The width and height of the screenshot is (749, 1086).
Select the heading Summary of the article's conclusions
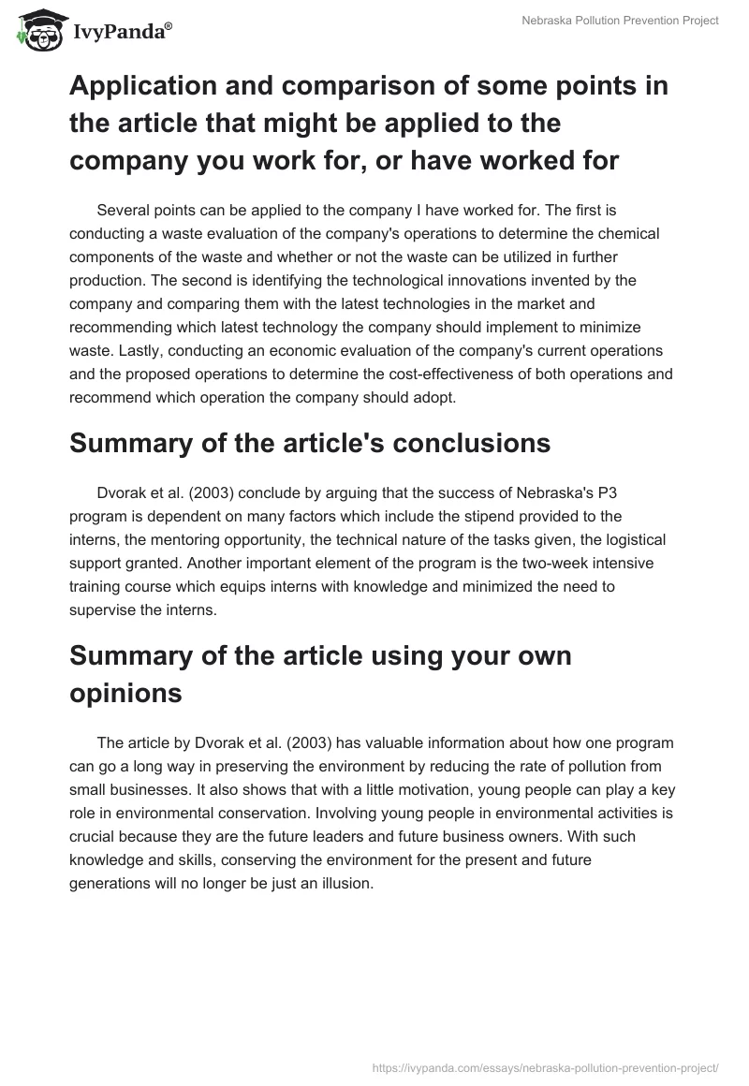pyautogui.click(x=309, y=443)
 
